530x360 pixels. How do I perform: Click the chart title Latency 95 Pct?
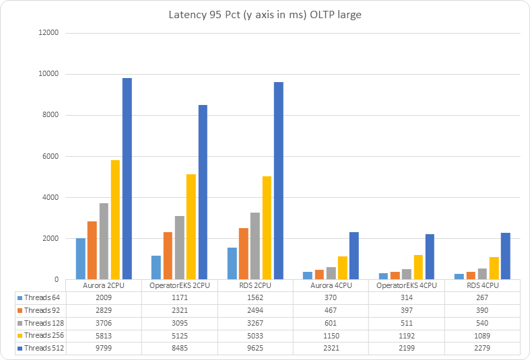pyautogui.click(x=264, y=15)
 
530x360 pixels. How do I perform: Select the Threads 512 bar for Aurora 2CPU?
pyautogui.click(x=127, y=178)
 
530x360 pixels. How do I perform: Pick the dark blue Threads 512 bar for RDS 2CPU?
pyautogui.click(x=278, y=180)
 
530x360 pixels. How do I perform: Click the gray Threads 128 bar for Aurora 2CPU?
pyautogui.click(x=104, y=241)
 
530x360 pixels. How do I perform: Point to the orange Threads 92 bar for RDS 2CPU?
pyautogui.click(x=243, y=254)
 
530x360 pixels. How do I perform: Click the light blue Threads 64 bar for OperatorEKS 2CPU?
pyautogui.click(x=157, y=267)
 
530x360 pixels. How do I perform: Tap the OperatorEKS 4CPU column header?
pyautogui.click(x=406, y=285)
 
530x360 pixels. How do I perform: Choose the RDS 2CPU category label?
pyautogui.click(x=255, y=285)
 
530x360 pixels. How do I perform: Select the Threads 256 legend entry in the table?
pyautogui.click(x=42, y=336)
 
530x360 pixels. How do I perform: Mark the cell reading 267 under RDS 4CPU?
pyautogui.click(x=482, y=297)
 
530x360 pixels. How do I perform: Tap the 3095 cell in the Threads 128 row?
pyautogui.click(x=179, y=323)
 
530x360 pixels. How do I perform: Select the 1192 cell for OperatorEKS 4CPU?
pyautogui.click(x=406, y=336)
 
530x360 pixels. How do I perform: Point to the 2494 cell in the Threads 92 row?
pyautogui.click(x=255, y=310)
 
